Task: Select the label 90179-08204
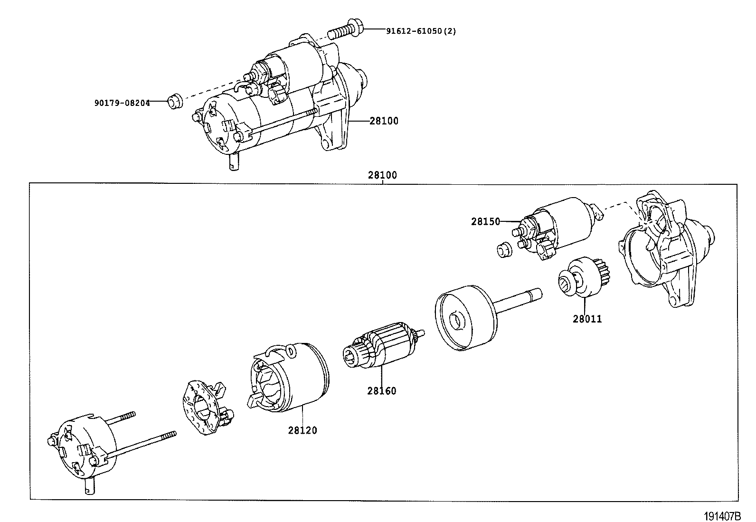pyautogui.click(x=122, y=103)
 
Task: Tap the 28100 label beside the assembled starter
pyautogui.click(x=384, y=121)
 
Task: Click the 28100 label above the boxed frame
pyautogui.click(x=382, y=175)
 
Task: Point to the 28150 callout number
pyautogui.click(x=486, y=221)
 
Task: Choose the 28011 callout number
pyautogui.click(x=587, y=319)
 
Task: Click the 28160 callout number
pyautogui.click(x=381, y=391)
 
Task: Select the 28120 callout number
pyautogui.click(x=302, y=430)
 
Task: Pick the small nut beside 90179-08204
pyautogui.click(x=174, y=102)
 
